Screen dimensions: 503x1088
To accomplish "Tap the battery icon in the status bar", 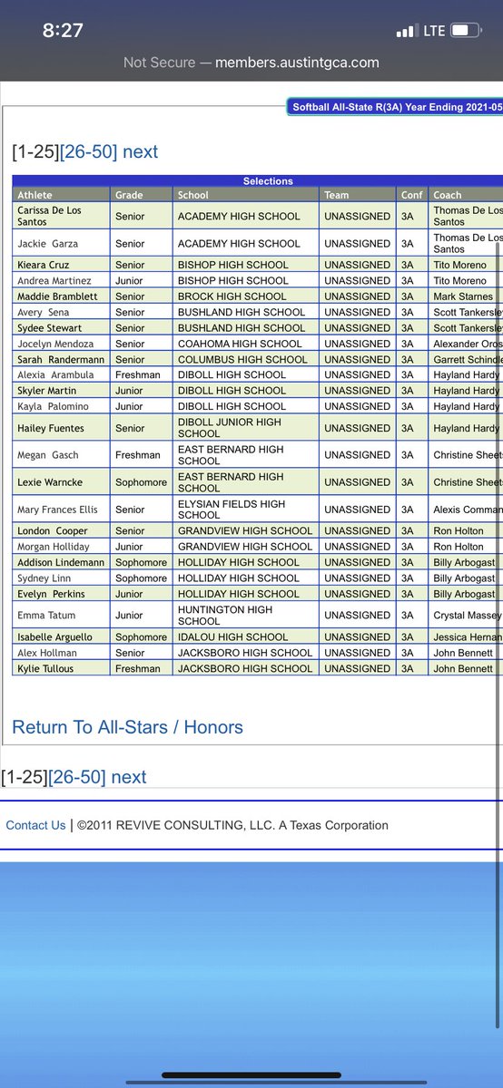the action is click(x=465, y=31).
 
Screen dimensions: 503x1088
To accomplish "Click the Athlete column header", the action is click(x=35, y=195).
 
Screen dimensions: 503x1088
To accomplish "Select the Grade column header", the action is click(x=129, y=195).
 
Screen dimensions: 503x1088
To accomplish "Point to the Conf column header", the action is click(x=411, y=195).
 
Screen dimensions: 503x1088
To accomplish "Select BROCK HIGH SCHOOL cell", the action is click(x=232, y=296).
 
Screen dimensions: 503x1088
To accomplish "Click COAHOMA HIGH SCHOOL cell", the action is click(x=240, y=344).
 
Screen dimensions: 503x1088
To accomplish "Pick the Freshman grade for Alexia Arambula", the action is click(x=138, y=374).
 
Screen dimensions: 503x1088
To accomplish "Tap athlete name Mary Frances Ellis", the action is click(x=57, y=510).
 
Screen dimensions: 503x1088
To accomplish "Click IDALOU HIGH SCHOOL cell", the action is click(x=232, y=636).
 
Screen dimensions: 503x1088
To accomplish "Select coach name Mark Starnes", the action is click(x=463, y=296).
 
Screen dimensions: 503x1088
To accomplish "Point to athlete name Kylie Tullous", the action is click(x=45, y=668).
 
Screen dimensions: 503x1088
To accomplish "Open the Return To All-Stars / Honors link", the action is click(x=127, y=727).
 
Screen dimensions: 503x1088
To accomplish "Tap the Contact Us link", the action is click(x=35, y=825).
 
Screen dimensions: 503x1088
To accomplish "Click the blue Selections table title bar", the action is click(x=268, y=181).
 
